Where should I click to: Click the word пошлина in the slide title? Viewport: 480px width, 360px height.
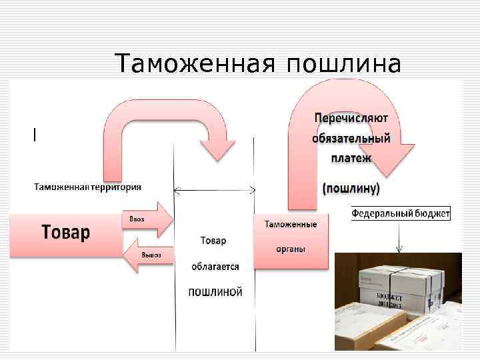(x=344, y=64)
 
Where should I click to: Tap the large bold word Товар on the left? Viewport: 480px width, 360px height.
(x=66, y=233)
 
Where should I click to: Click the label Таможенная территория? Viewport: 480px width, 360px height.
(x=88, y=186)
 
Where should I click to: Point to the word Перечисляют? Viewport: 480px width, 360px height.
(x=351, y=118)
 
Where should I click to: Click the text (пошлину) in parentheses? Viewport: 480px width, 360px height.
(x=351, y=189)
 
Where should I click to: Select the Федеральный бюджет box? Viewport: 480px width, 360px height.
(x=401, y=213)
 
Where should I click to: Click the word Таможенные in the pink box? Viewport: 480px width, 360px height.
(x=291, y=224)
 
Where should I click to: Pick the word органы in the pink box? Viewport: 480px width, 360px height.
(x=291, y=249)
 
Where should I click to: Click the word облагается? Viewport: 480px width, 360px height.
(x=215, y=266)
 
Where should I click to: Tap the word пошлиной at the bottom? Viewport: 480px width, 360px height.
(x=215, y=292)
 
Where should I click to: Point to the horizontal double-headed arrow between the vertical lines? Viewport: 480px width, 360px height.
(x=214, y=191)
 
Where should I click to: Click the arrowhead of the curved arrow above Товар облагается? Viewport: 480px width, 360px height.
(x=218, y=149)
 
